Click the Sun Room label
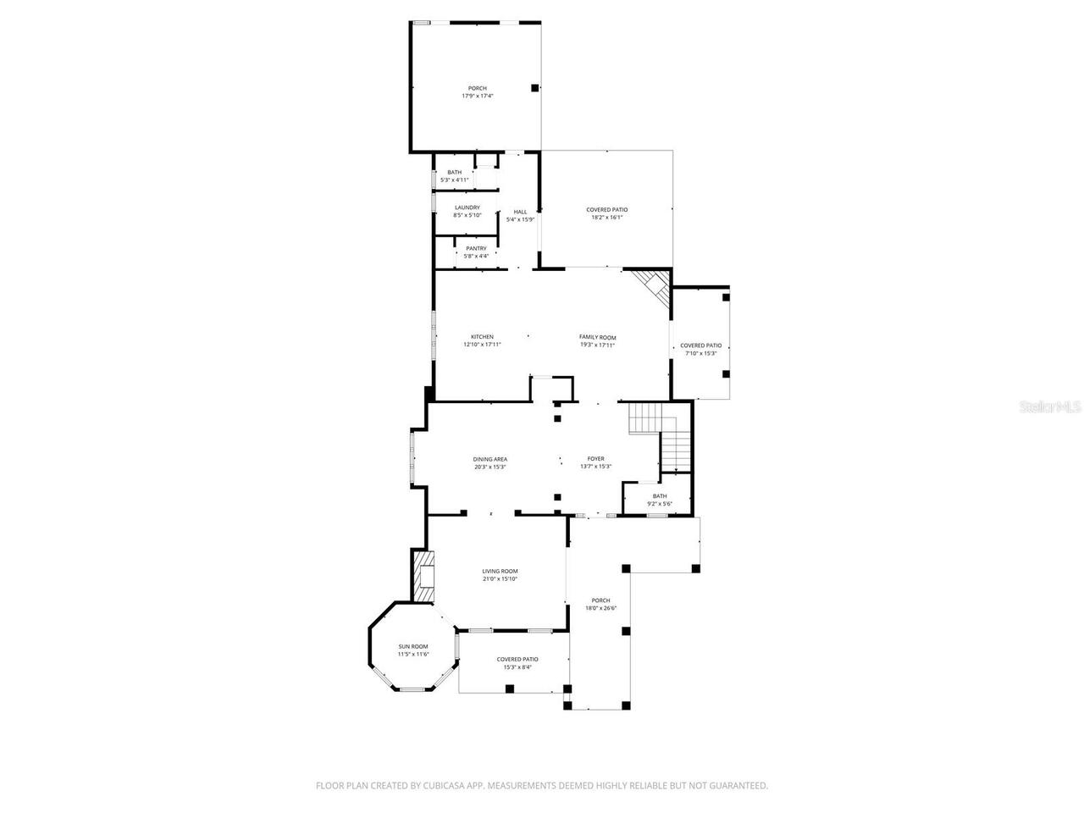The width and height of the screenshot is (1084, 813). tap(413, 646)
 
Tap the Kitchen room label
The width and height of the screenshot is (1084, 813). tap(482, 337)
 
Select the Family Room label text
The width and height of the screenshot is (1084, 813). tap(597, 337)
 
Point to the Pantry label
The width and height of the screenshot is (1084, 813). tap(476, 248)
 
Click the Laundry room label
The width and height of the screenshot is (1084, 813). tap(467, 207)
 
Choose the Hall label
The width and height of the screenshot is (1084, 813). tap(520, 212)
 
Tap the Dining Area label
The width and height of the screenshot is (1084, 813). tap(490, 459)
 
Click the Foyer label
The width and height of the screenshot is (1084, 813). tap(596, 459)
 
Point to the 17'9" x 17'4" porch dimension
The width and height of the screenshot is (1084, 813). tap(478, 96)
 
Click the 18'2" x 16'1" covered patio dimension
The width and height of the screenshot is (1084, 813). tap(607, 217)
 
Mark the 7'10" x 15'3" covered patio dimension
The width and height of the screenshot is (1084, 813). tap(701, 353)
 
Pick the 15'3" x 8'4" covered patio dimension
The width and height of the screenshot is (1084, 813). tap(517, 666)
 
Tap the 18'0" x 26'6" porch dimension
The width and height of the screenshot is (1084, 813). tap(601, 608)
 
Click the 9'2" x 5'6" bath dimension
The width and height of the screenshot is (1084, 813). tap(659, 504)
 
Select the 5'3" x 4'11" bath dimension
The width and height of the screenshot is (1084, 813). tap(455, 180)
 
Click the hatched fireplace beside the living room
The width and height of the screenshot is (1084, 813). tap(424, 577)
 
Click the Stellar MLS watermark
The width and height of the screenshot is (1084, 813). tap(1050, 406)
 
